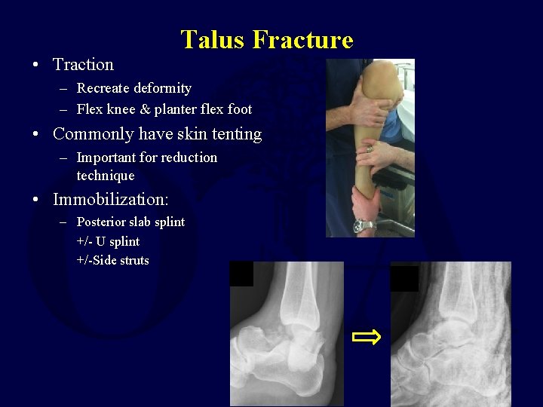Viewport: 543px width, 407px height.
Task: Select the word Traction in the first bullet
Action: pyautogui.click(x=83, y=65)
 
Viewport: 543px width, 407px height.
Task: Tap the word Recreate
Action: pyautogui.click(x=103, y=88)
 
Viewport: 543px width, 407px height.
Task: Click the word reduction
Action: pyautogui.click(x=192, y=158)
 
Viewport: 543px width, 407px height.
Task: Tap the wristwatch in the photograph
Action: pyautogui.click(x=364, y=225)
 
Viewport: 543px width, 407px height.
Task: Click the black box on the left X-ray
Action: pyautogui.click(x=241, y=274)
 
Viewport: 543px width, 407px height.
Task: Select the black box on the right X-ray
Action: pyautogui.click(x=404, y=278)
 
